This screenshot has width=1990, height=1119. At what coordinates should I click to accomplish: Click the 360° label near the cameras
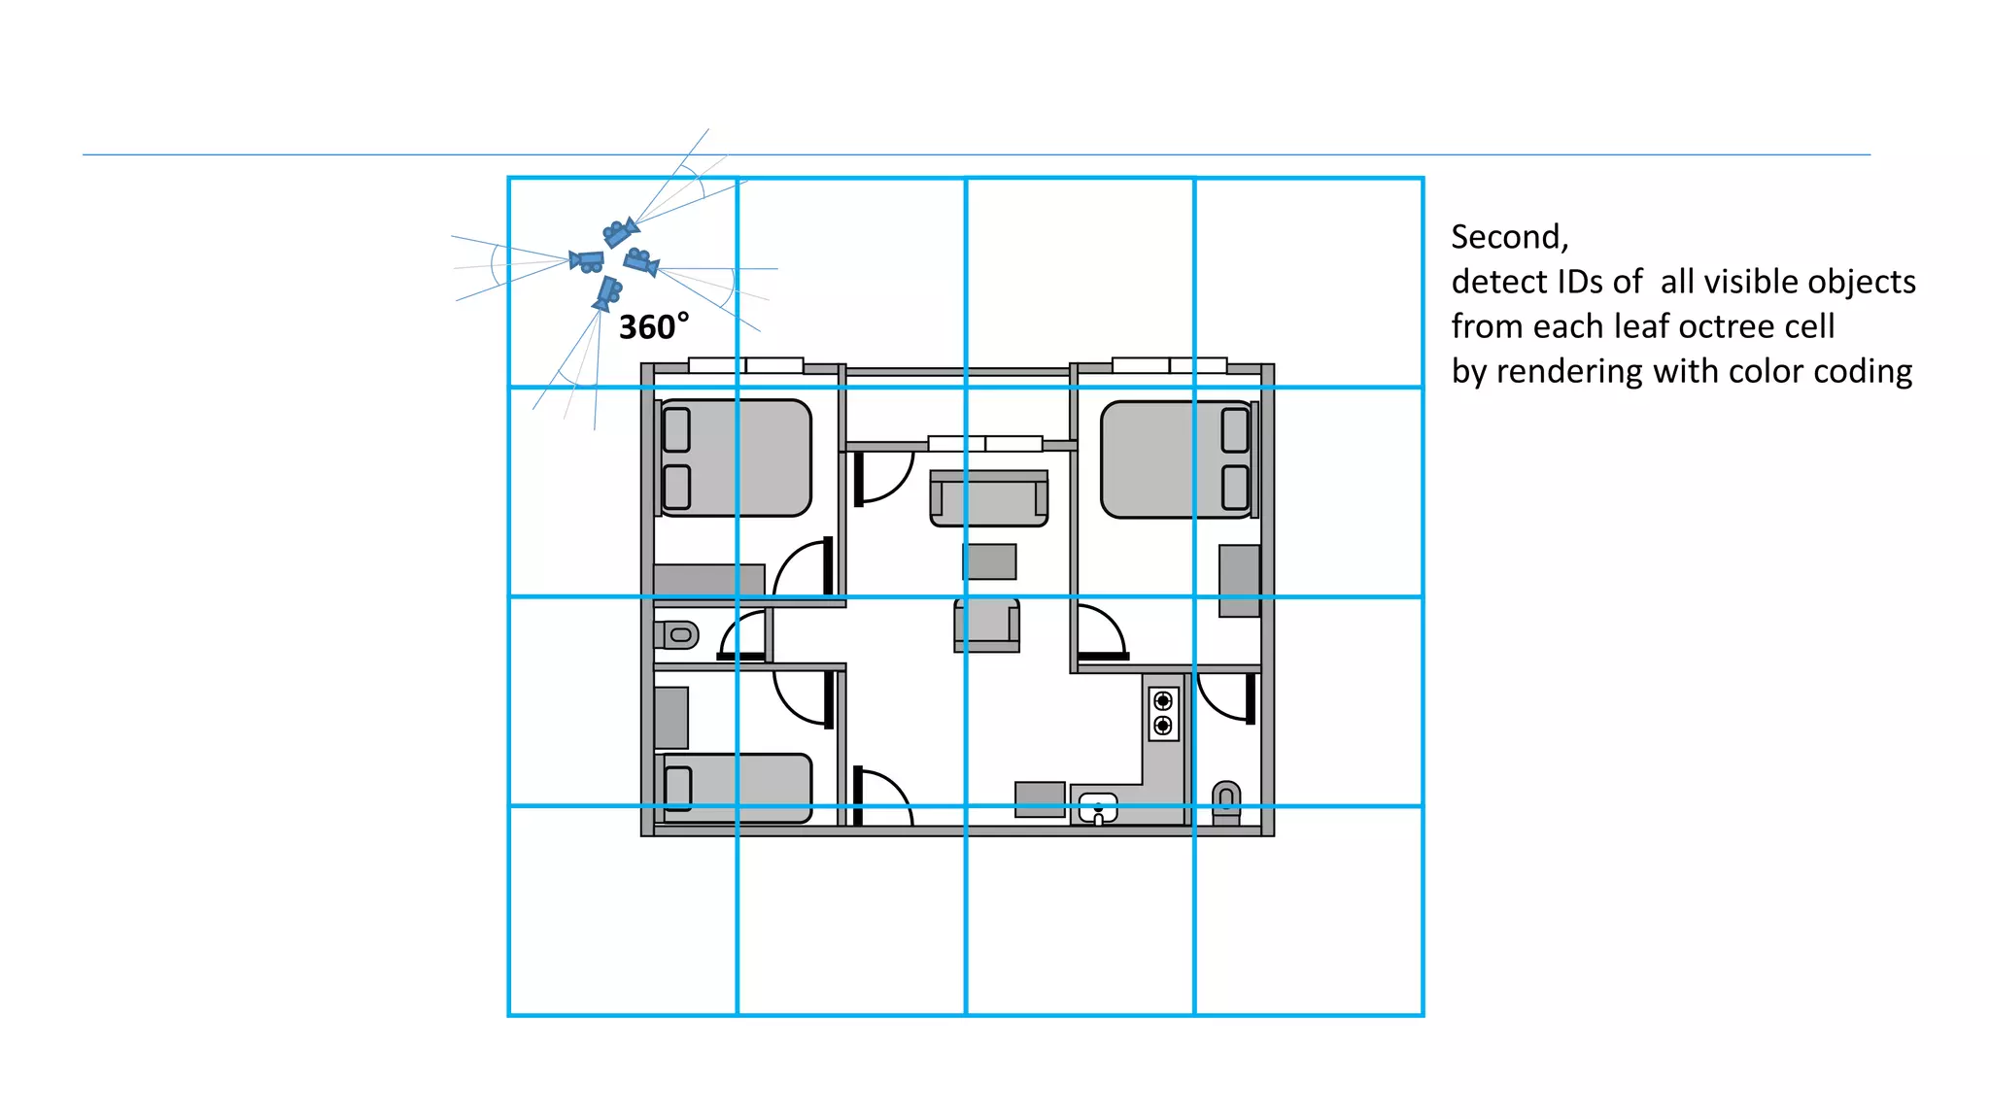653,327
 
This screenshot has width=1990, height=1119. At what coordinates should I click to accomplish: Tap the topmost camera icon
619,233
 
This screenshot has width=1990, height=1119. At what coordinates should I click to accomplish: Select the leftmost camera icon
587,260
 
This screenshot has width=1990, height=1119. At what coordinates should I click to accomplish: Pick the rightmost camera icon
641,261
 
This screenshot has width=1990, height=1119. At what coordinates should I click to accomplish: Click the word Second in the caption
1508,237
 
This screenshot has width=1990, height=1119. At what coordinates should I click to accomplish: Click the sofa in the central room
988,499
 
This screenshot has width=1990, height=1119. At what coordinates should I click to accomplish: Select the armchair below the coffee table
987,624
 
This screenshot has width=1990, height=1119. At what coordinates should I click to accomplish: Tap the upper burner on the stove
1162,700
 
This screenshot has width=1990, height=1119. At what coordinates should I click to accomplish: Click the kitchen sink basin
1098,806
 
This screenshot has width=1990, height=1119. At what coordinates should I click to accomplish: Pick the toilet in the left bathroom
677,635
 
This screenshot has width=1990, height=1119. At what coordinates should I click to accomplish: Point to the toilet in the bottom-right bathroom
1226,800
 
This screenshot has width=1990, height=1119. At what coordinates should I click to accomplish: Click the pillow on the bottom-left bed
678,788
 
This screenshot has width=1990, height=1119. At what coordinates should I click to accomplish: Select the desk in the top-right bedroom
1239,580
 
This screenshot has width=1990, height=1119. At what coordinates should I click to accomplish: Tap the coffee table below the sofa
990,561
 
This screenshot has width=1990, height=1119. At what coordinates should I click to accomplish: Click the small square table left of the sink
1040,798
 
